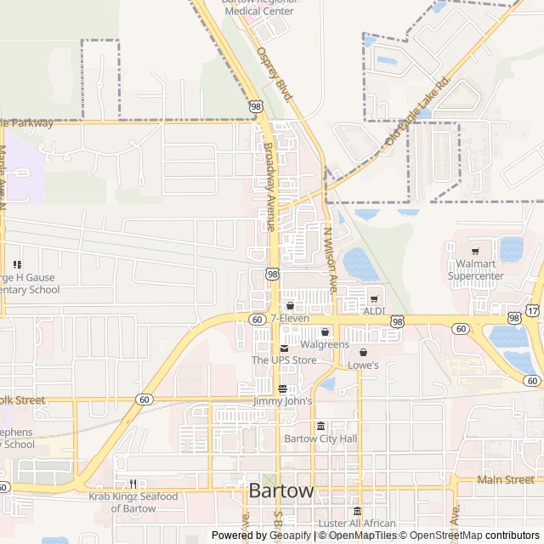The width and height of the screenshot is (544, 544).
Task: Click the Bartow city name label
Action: pyautogui.click(x=281, y=491)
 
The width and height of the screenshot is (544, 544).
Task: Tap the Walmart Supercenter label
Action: pyautogui.click(x=477, y=269)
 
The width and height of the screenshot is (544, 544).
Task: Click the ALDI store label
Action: pyautogui.click(x=374, y=311)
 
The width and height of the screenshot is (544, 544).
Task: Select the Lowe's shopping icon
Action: pyautogui.click(x=363, y=352)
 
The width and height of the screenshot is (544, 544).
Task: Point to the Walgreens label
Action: pyautogui.click(x=325, y=344)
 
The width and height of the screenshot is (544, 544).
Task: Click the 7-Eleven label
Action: pyautogui.click(x=290, y=318)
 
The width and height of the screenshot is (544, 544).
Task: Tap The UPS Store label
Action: pyautogui.click(x=284, y=360)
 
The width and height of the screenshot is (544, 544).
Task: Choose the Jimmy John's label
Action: pyautogui.click(x=282, y=400)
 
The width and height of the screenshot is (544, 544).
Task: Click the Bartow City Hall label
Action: pyautogui.click(x=320, y=439)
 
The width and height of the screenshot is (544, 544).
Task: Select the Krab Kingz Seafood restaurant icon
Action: pyautogui.click(x=133, y=484)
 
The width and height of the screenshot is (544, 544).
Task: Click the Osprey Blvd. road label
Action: pyautogui.click(x=275, y=74)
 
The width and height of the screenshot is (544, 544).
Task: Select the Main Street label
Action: pyautogui.click(x=506, y=480)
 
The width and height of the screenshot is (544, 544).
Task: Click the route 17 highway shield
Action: pyautogui.click(x=531, y=311)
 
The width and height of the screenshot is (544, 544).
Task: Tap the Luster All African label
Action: pyautogui.click(x=357, y=524)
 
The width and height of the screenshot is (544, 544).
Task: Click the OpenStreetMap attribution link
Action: pyautogui.click(x=442, y=535)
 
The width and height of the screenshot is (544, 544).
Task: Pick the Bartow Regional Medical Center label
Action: pyautogui.click(x=259, y=7)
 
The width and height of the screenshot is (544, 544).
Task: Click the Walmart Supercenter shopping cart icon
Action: pyautogui.click(x=475, y=251)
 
